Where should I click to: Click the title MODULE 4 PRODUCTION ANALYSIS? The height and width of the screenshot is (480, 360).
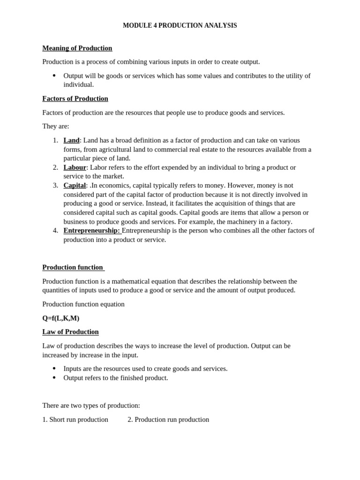[180, 25]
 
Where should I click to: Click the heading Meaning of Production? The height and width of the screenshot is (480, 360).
[77, 48]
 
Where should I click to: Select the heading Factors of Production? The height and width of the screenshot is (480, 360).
[75, 98]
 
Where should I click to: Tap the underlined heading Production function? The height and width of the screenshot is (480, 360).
[73, 267]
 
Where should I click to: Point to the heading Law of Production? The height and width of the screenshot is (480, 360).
[70, 332]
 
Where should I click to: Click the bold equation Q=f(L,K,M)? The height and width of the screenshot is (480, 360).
[61, 318]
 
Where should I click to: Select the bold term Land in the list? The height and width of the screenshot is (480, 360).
[71, 140]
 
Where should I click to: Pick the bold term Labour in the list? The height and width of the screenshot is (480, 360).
[75, 167]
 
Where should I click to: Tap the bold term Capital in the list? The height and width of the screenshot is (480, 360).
[75, 185]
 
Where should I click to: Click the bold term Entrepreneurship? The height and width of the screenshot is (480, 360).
[91, 230]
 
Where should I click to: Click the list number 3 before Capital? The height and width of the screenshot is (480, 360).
[55, 185]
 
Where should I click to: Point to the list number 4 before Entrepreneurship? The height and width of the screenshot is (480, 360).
[55, 230]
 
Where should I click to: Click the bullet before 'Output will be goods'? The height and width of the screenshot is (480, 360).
[54, 75]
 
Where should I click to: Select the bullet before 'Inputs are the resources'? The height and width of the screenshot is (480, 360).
[54, 368]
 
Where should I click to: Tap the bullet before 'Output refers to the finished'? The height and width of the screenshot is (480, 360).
[54, 378]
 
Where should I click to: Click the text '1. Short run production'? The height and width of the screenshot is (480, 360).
[75, 420]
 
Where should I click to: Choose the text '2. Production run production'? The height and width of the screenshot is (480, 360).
[168, 420]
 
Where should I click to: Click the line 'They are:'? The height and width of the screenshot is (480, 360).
[55, 126]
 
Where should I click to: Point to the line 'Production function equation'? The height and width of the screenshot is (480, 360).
[83, 304]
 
